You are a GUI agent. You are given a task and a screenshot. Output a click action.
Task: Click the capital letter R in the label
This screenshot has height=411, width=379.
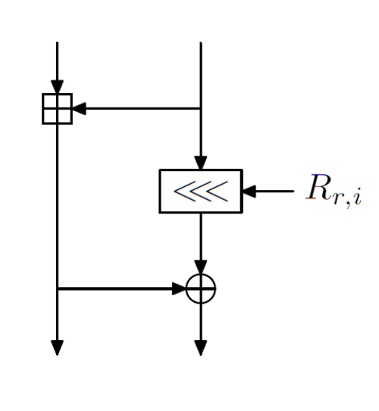(318, 187)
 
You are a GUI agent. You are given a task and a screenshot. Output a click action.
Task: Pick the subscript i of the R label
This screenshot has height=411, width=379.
(358, 196)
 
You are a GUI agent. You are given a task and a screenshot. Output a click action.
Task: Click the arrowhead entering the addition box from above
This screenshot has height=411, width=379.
(57, 86)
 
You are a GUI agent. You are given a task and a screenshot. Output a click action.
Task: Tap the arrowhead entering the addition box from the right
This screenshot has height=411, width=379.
(79, 108)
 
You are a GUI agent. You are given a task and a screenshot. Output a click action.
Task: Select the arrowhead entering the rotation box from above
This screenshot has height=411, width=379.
(201, 163)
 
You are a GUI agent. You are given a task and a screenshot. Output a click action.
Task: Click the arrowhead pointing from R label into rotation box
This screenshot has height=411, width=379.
(249, 191)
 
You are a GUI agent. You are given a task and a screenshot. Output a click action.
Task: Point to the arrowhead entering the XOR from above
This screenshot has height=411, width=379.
(201, 267)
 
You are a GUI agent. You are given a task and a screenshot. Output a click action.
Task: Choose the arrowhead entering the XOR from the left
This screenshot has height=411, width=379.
(179, 288)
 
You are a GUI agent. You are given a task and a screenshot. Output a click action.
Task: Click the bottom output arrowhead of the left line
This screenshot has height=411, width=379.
(57, 347)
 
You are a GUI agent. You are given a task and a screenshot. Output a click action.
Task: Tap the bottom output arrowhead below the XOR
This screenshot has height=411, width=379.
(201, 347)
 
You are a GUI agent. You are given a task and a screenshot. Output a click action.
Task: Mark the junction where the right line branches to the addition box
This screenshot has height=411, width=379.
(201, 108)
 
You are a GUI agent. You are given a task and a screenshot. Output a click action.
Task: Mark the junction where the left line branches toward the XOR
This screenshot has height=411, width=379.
(57, 288)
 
